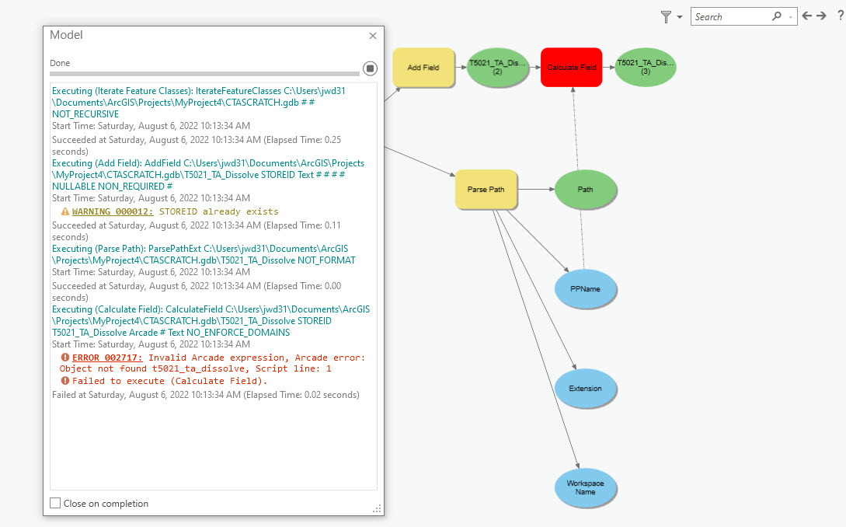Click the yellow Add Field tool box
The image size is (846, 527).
[x=423, y=68]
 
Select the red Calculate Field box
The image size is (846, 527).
[x=571, y=68]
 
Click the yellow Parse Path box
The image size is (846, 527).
[x=486, y=190]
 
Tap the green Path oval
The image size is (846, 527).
[x=585, y=190]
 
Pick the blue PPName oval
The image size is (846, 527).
[x=585, y=289]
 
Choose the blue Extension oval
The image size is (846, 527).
[x=585, y=388]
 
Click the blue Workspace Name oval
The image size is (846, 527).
[x=585, y=487]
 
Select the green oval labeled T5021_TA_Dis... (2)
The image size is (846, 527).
[x=497, y=68]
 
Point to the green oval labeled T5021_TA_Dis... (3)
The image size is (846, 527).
[x=645, y=68]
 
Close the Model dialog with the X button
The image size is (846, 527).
[x=373, y=36]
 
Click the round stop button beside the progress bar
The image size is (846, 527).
[x=370, y=68]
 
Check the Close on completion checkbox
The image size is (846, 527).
[x=55, y=503]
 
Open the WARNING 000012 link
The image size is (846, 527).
[x=113, y=211]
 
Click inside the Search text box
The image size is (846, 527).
[x=730, y=16]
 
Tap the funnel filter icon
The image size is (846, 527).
[x=666, y=16]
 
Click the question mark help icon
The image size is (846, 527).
[x=841, y=16]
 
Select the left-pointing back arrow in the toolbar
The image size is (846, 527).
[x=807, y=16]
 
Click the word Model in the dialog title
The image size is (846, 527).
[x=66, y=35]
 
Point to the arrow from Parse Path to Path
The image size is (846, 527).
[x=536, y=190]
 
